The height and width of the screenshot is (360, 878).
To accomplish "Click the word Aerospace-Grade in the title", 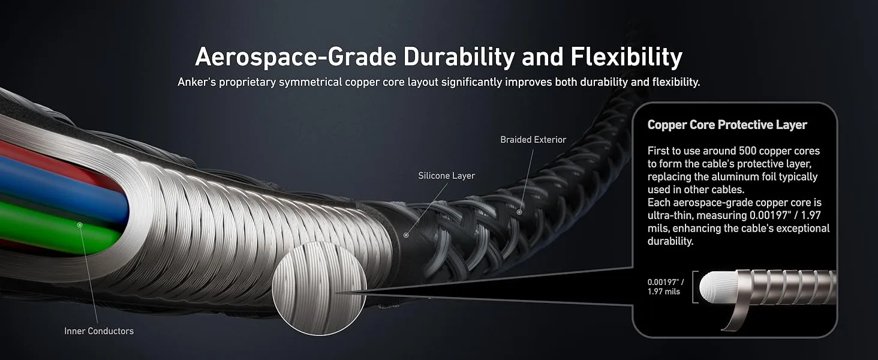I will [x=295, y=57].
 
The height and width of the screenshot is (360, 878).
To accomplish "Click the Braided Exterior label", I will [x=533, y=140].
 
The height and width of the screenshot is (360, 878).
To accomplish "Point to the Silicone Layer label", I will [x=446, y=176].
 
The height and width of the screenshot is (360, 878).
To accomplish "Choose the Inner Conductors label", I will [x=99, y=331].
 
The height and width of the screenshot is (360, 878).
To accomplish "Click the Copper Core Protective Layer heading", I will [x=727, y=125].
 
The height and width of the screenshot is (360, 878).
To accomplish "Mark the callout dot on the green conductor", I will [x=80, y=224].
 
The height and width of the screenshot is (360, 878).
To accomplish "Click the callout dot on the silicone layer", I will [x=406, y=235].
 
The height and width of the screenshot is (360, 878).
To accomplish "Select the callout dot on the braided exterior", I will [x=519, y=212].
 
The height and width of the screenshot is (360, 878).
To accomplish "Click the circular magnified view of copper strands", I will [x=310, y=287].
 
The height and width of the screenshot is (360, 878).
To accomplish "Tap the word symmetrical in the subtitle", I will [x=311, y=82].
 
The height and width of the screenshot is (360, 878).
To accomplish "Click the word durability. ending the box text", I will [x=670, y=241].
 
